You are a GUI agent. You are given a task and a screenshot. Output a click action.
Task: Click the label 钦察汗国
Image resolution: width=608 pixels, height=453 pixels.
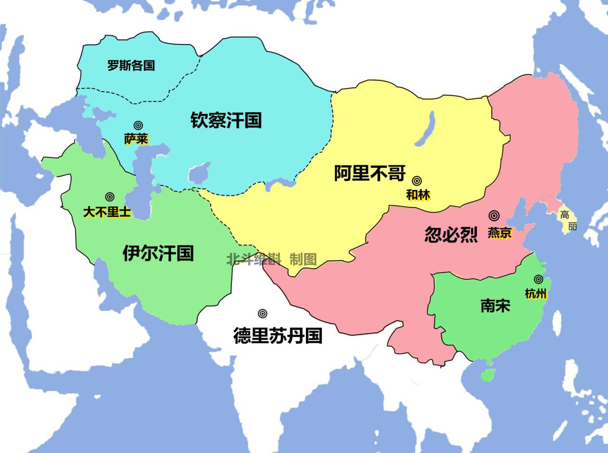click(x=226, y=120)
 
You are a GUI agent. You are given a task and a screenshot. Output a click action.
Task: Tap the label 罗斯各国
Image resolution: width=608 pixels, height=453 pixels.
click(x=131, y=65)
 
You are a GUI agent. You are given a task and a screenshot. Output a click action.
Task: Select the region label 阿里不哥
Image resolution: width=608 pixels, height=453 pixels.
click(x=370, y=173)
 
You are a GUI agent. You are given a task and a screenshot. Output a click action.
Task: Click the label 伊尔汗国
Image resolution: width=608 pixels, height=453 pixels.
click(x=158, y=253)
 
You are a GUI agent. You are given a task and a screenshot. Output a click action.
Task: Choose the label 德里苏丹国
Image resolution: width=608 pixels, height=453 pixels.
click(x=278, y=336)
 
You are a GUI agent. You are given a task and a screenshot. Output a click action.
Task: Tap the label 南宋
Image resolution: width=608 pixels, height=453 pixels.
click(x=495, y=305)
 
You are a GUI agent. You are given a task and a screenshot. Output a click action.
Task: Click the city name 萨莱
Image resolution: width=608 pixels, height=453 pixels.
click(x=136, y=139)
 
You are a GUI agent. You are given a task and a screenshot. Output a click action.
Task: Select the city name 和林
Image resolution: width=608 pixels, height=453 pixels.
click(x=418, y=195)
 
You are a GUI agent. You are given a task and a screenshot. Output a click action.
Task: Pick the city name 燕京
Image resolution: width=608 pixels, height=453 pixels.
click(x=500, y=233)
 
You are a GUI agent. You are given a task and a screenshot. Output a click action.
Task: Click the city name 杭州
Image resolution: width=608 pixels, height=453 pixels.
click(x=536, y=294)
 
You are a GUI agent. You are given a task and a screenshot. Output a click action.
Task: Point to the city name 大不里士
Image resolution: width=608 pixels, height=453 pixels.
click(x=107, y=212)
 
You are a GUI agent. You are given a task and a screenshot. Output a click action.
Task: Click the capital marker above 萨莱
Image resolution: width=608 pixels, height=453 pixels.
click(x=138, y=125)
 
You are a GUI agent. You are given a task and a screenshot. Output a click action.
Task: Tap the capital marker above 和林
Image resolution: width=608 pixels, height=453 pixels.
click(x=417, y=180)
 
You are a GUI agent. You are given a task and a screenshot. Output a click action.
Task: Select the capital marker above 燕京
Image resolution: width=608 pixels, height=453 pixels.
click(x=494, y=216)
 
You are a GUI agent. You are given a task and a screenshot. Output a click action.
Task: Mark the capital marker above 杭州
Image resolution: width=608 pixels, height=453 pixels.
click(x=538, y=279)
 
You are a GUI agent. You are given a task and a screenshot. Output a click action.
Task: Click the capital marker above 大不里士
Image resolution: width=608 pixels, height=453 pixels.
click(x=110, y=197)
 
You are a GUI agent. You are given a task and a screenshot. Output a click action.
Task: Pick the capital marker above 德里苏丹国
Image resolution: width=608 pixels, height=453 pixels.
click(x=262, y=313)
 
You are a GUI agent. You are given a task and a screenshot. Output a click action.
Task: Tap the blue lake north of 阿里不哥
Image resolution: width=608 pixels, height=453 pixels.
click(x=426, y=129)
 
